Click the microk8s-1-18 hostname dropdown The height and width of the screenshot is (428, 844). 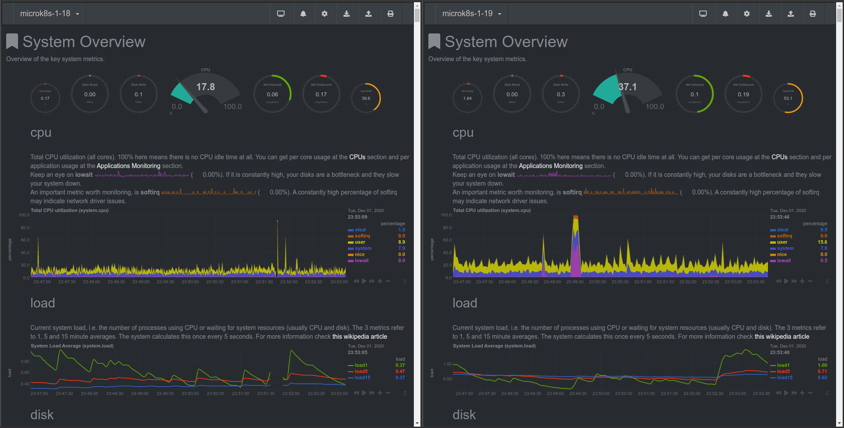49,14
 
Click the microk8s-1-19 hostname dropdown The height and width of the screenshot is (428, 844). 471,14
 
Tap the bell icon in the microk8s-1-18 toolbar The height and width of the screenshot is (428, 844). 303,14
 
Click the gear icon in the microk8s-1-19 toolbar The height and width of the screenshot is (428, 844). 746,14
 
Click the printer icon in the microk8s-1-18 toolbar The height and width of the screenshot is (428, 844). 390,14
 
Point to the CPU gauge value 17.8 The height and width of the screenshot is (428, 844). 205,87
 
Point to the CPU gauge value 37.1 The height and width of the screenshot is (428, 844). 627,87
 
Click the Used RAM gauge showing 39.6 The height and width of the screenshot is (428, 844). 366,98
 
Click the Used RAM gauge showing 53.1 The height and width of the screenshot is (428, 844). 788,98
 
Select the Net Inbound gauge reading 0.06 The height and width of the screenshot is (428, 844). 272,94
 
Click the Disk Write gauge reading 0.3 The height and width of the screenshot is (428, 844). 561,94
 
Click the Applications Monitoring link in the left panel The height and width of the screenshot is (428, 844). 128,166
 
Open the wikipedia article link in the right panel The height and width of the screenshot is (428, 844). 782,337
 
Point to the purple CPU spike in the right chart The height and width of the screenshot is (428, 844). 575,255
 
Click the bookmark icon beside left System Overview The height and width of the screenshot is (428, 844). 12,41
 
